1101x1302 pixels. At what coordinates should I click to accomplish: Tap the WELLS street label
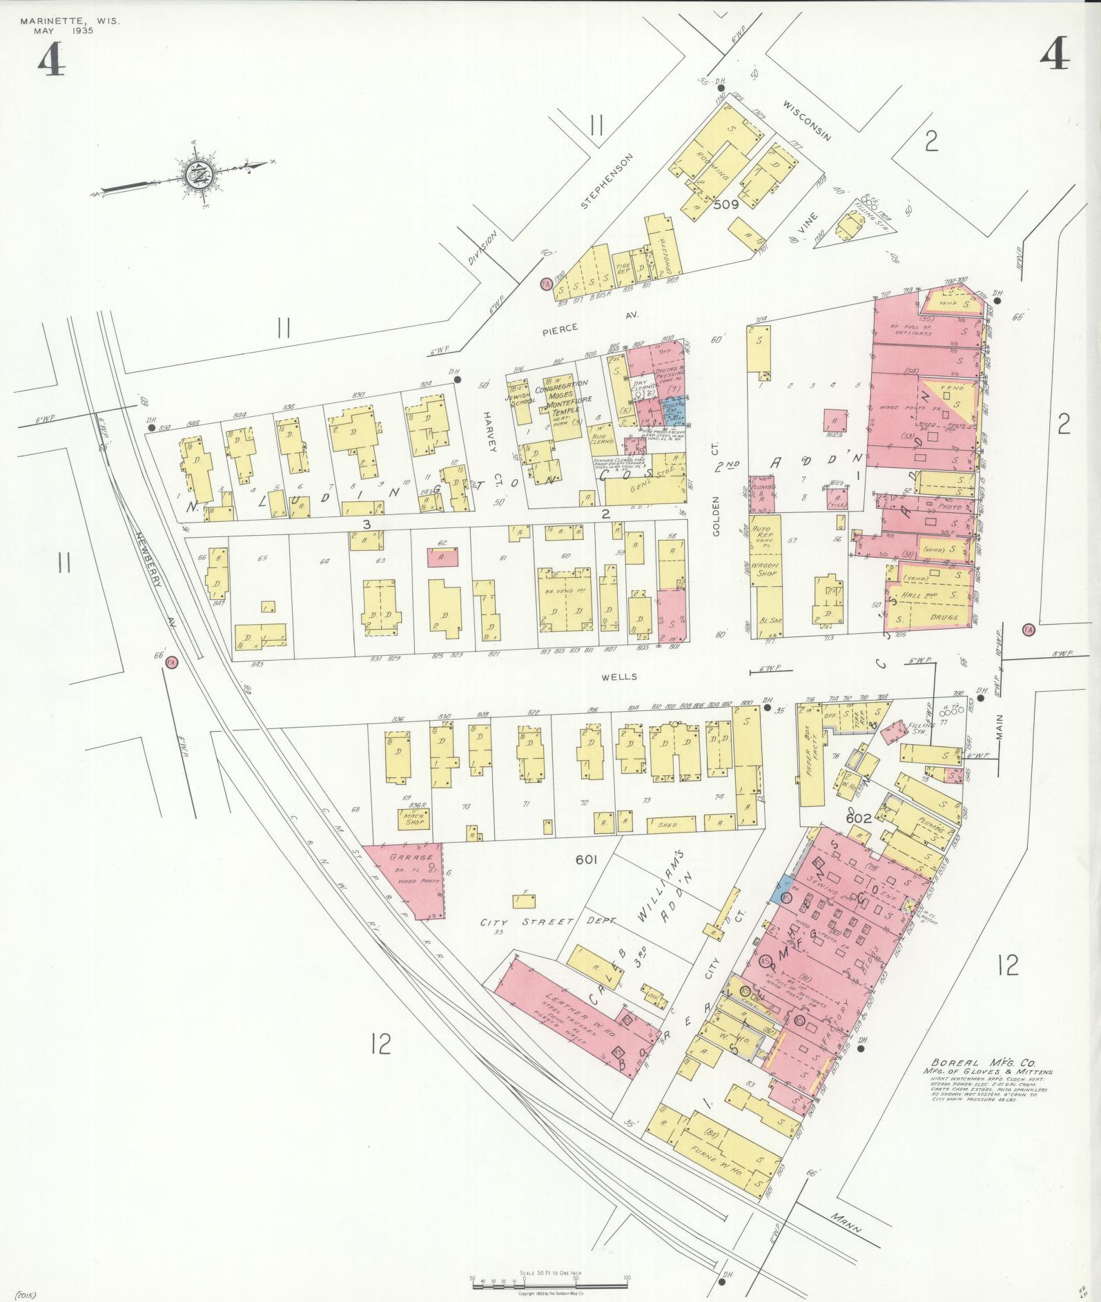[x=618, y=677]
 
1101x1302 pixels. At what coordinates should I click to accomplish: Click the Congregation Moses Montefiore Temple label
[x=568, y=398]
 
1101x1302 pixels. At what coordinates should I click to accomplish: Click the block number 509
[x=726, y=204]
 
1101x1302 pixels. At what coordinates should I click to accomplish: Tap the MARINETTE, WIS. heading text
[x=70, y=21]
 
